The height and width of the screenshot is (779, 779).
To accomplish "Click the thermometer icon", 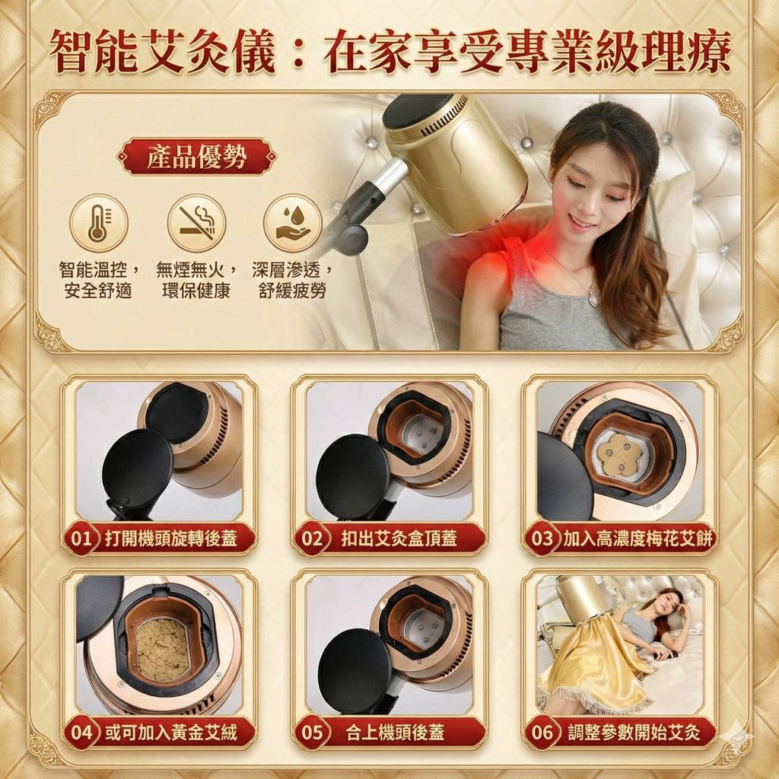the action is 98,223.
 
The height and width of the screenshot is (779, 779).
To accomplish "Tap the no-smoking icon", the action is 196,223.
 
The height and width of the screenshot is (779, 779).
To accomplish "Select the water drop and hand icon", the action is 292,223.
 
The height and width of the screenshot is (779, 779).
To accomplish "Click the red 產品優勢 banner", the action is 197,157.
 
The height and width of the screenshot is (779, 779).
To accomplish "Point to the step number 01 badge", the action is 81,539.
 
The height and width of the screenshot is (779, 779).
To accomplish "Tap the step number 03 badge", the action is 542,539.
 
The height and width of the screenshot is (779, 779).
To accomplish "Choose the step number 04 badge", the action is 81,733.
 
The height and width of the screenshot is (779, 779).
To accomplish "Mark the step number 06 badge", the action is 542,733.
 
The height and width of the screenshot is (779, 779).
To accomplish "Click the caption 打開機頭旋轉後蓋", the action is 171,539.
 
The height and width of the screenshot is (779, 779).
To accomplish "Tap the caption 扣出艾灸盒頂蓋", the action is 399,539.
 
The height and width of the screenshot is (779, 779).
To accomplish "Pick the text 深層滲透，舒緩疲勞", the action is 293,280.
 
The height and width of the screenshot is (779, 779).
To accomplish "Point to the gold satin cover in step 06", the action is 593,661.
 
